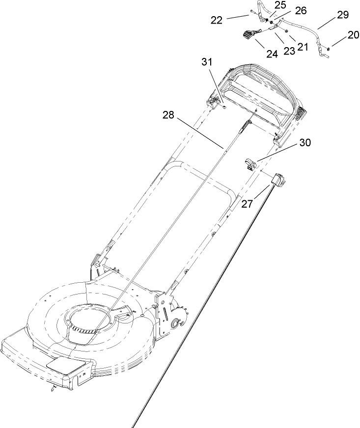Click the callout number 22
point(217,20)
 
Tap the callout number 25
point(280,5)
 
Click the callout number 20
point(353,35)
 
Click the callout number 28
point(168,115)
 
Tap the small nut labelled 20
point(328,48)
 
